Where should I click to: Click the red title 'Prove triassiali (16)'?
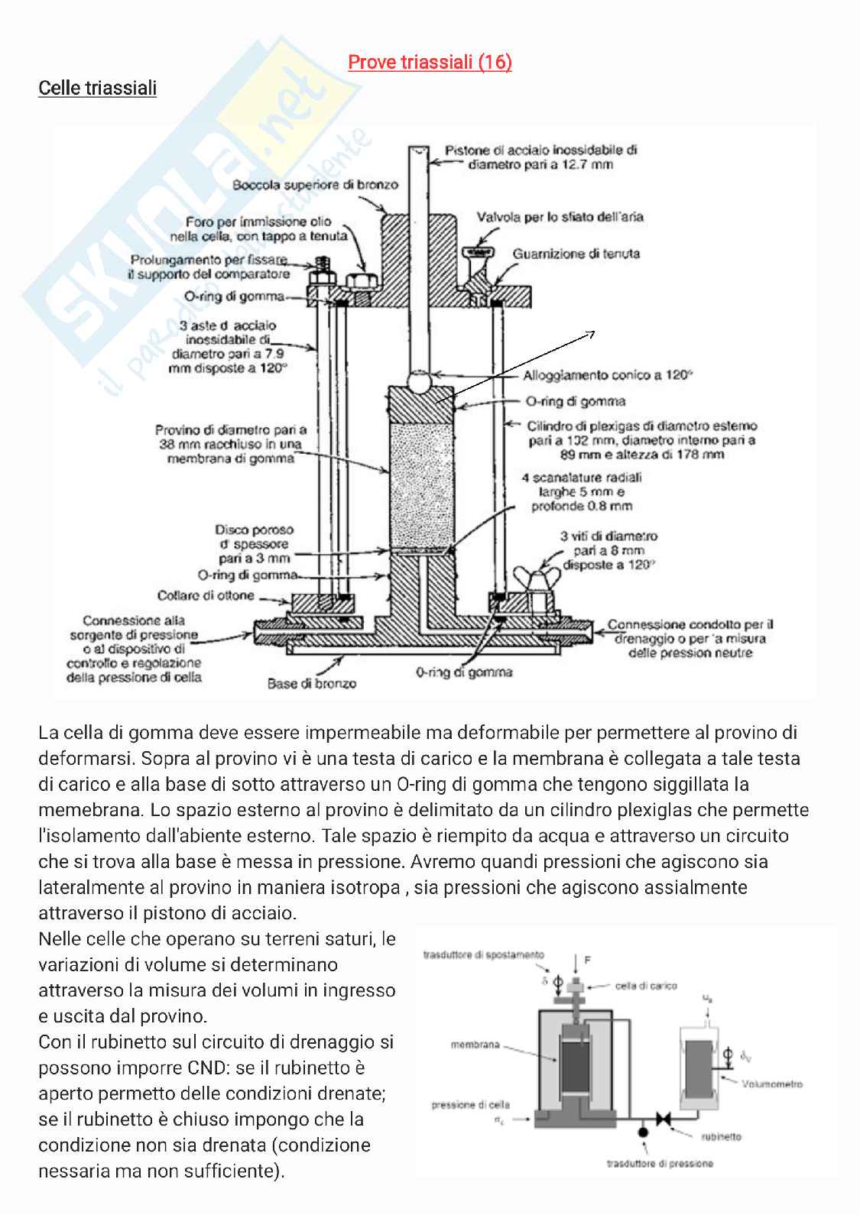430,62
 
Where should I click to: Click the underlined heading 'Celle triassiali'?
97,88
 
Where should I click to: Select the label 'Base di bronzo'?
311,683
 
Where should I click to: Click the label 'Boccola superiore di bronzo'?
315,185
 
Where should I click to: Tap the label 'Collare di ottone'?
206,595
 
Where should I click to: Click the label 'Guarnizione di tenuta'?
576,254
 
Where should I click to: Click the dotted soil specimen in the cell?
423,482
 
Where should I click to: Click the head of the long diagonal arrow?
592,333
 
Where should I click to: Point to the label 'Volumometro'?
771,1084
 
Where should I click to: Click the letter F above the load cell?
588,960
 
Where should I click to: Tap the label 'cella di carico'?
645,986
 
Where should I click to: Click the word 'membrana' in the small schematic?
475,1045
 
